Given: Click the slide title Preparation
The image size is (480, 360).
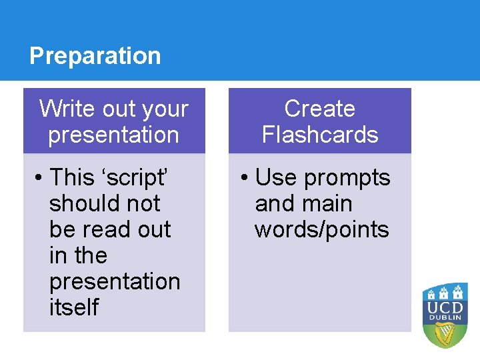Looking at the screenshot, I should [95, 55].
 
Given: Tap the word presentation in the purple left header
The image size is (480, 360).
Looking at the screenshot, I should [113, 135].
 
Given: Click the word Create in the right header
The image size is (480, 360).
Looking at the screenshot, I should [319, 109].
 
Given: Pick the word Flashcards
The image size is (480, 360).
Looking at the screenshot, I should [319, 135].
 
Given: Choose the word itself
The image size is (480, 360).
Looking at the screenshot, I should [73, 307].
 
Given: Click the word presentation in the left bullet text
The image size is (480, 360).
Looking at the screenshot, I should [115, 282].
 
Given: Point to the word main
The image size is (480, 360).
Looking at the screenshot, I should [329, 203].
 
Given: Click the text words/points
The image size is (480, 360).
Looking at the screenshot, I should [321, 229].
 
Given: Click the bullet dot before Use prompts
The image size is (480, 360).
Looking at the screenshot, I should [245, 178].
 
